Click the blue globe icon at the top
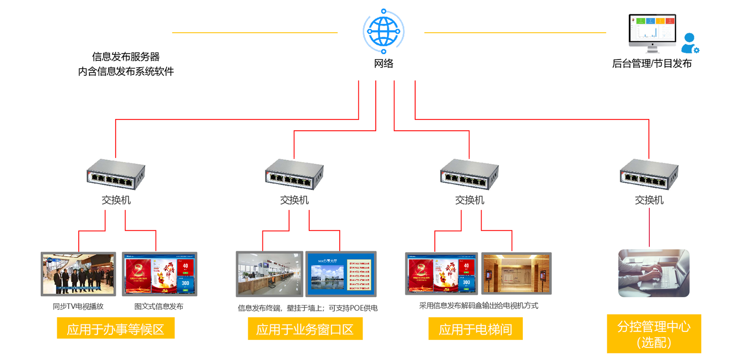[x=383, y=31]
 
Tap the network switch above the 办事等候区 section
[x=116, y=174]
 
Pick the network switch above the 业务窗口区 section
[x=294, y=174]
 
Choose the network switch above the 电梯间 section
[x=469, y=174]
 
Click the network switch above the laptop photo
[x=649, y=174]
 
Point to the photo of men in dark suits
[x=78, y=274]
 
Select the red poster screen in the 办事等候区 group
[x=159, y=274]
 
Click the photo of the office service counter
[x=269, y=274]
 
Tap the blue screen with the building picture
[x=341, y=274]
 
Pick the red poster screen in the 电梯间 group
[x=441, y=274]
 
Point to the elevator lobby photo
[x=516, y=274]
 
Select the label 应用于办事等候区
[x=116, y=330]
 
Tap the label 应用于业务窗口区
[x=305, y=330]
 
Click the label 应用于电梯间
[x=475, y=330]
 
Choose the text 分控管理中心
[x=654, y=327]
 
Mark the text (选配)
[x=654, y=343]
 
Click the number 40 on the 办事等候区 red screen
[x=185, y=266]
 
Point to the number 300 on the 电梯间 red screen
[x=466, y=282]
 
